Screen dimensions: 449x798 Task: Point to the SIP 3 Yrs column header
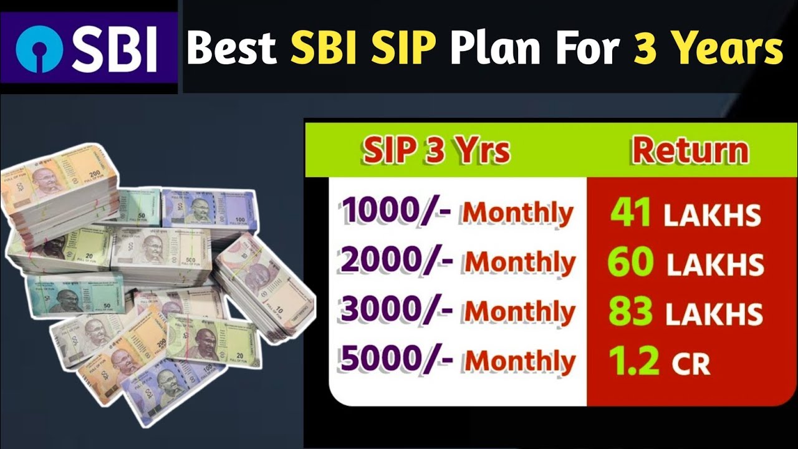(436, 151)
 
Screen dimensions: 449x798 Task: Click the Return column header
(690, 151)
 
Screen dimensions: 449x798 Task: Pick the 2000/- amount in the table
(397, 261)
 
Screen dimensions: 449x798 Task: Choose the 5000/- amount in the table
(397, 360)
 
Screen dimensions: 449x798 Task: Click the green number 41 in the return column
(631, 213)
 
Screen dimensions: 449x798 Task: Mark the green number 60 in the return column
(630, 263)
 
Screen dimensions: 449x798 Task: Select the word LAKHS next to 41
(711, 216)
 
